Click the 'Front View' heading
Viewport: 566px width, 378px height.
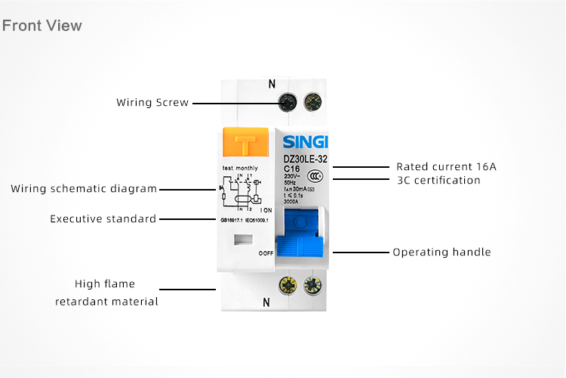(42, 26)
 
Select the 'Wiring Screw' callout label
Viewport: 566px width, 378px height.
(152, 102)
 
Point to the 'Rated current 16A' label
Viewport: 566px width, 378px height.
(446, 166)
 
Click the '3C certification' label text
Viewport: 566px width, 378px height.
(438, 180)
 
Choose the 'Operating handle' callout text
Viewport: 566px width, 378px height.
(441, 252)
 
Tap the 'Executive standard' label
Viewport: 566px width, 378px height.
(103, 218)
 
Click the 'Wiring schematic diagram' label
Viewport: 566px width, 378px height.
(84, 188)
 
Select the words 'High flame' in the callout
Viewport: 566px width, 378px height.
(105, 284)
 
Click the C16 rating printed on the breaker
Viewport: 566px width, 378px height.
(291, 168)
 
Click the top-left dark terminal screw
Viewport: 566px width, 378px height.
(287, 101)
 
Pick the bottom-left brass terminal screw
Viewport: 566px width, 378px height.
(287, 285)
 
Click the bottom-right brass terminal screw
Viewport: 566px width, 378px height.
(310, 285)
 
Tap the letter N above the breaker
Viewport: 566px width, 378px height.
(272, 84)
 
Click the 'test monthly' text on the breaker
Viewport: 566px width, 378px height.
(240, 167)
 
